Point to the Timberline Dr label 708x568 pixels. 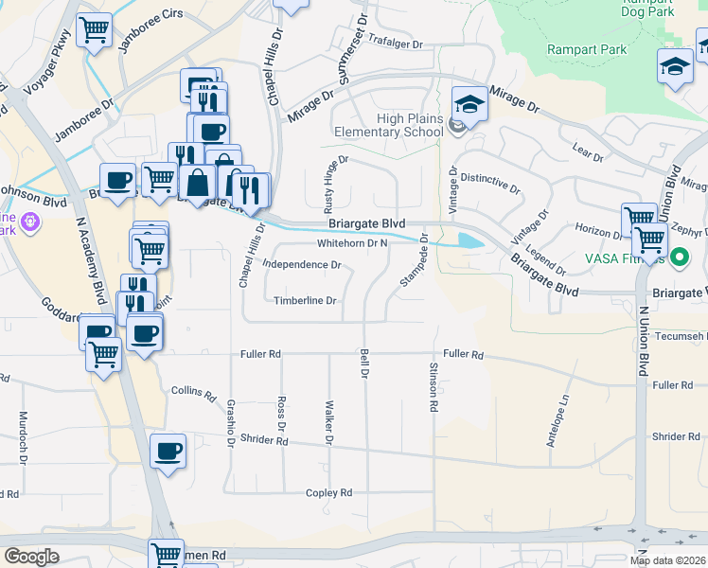(305, 301)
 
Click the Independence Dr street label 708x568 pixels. (303, 265)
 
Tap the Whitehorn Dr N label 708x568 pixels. (353, 243)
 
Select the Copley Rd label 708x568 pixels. (328, 493)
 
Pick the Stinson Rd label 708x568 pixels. (434, 386)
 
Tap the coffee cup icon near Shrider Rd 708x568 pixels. (168, 452)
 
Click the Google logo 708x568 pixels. (32, 556)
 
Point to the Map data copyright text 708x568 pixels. (668, 560)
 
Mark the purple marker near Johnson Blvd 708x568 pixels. (30, 222)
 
